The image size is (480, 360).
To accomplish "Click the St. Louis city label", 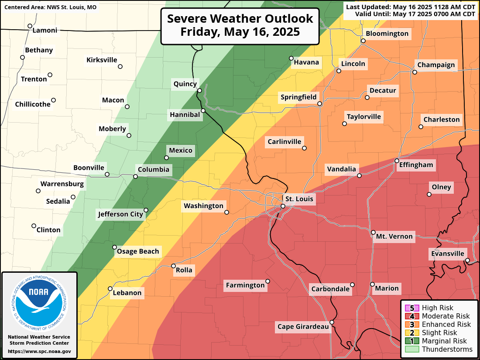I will tap(299, 199).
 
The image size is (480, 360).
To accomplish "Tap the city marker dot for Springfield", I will tap(320, 104).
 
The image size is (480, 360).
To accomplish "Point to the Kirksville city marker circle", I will tap(120, 67).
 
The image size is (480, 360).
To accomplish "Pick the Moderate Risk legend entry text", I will tap(446, 316).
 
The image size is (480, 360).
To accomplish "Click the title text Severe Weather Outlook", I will tap(240, 19).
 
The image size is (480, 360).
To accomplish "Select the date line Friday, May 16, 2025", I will tap(240, 32).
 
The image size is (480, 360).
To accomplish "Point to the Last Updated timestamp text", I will tap(410, 7).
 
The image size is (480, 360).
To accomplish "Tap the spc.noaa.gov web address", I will tap(39, 351).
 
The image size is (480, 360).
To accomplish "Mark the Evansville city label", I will tap(448, 254).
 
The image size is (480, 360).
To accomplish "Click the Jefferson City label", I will tap(120, 214).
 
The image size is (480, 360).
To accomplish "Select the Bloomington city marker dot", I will tap(363, 41).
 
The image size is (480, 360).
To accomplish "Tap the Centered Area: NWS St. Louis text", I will tap(50, 7).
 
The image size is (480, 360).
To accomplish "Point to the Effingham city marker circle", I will tap(397, 161).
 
